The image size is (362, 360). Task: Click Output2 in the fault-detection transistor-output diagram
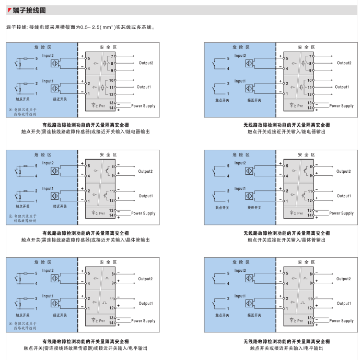click(x=145, y=171)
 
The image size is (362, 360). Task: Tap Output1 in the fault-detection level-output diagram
click(x=145, y=303)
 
